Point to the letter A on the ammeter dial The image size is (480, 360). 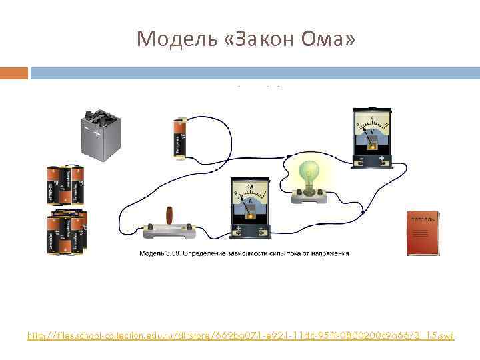click(249, 200)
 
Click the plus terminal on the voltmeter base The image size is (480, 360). click(382, 159)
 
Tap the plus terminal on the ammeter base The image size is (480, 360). click(239, 230)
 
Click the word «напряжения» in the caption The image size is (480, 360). click(327, 253)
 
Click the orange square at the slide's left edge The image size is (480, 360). click(14, 72)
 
